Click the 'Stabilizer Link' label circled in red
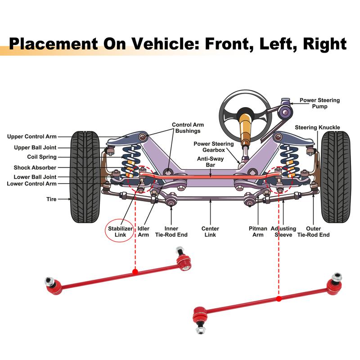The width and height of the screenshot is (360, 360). [x=120, y=232]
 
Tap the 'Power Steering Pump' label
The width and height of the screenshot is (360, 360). [x=319, y=103]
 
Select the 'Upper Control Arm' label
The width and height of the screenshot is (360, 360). [x=31, y=137]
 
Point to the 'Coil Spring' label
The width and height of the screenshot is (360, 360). [x=42, y=157]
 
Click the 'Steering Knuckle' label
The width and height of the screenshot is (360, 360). [x=317, y=127]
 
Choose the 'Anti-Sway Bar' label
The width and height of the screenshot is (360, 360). [x=210, y=162]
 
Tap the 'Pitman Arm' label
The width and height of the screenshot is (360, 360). [x=258, y=232]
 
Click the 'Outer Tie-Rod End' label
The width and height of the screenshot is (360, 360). [x=313, y=232]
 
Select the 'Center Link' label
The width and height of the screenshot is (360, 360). [x=210, y=232]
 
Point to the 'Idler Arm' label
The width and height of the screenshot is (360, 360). [x=144, y=232]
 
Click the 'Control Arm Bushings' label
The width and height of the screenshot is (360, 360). [x=188, y=128]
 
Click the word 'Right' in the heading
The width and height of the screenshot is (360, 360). [x=324, y=44]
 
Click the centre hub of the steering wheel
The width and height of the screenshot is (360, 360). [x=245, y=114]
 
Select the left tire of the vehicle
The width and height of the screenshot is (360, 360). [x=85, y=177]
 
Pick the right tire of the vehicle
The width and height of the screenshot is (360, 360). [x=336, y=177]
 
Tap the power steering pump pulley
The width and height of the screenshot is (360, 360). [x=285, y=112]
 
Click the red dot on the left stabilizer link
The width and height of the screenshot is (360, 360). [x=135, y=272]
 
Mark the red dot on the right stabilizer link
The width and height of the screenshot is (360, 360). [x=279, y=299]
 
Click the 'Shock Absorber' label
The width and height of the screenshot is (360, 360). [x=35, y=167]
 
